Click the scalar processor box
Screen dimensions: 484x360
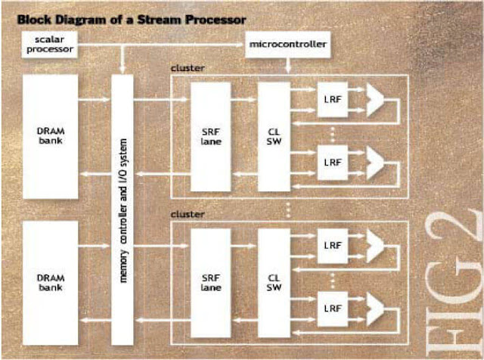point(49,45)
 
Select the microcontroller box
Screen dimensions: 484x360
point(287,45)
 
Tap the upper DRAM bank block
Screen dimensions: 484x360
point(51,136)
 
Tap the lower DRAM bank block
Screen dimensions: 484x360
point(51,283)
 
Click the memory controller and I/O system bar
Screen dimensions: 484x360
point(123,210)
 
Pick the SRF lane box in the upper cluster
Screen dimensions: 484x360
point(210,137)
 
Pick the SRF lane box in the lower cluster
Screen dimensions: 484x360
point(210,283)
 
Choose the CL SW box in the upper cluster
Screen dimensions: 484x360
point(274,137)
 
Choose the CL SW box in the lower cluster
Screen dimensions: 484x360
point(274,283)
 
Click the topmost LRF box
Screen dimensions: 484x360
point(333,99)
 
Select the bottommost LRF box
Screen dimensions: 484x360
point(333,309)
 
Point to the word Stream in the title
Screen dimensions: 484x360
point(159,20)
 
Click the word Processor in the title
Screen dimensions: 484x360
point(216,20)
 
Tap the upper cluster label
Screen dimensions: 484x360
point(188,68)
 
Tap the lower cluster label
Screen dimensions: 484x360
point(188,214)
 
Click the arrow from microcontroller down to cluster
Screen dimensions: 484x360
point(288,65)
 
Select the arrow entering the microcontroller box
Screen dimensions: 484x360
point(160,45)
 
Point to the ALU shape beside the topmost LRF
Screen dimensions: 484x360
point(375,99)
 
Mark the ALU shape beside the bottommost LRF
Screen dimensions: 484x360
point(375,309)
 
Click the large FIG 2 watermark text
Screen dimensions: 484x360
point(454,281)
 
